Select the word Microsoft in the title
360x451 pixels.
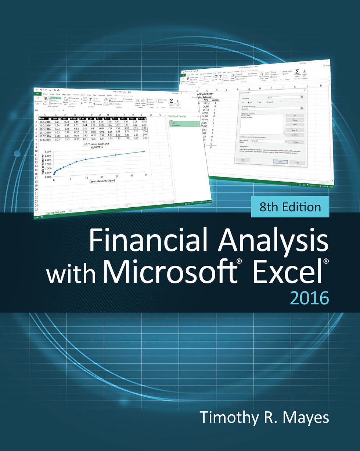[170, 272]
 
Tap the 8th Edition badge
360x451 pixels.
[290, 207]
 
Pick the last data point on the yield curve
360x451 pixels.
[144, 151]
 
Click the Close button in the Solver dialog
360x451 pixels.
[297, 162]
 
